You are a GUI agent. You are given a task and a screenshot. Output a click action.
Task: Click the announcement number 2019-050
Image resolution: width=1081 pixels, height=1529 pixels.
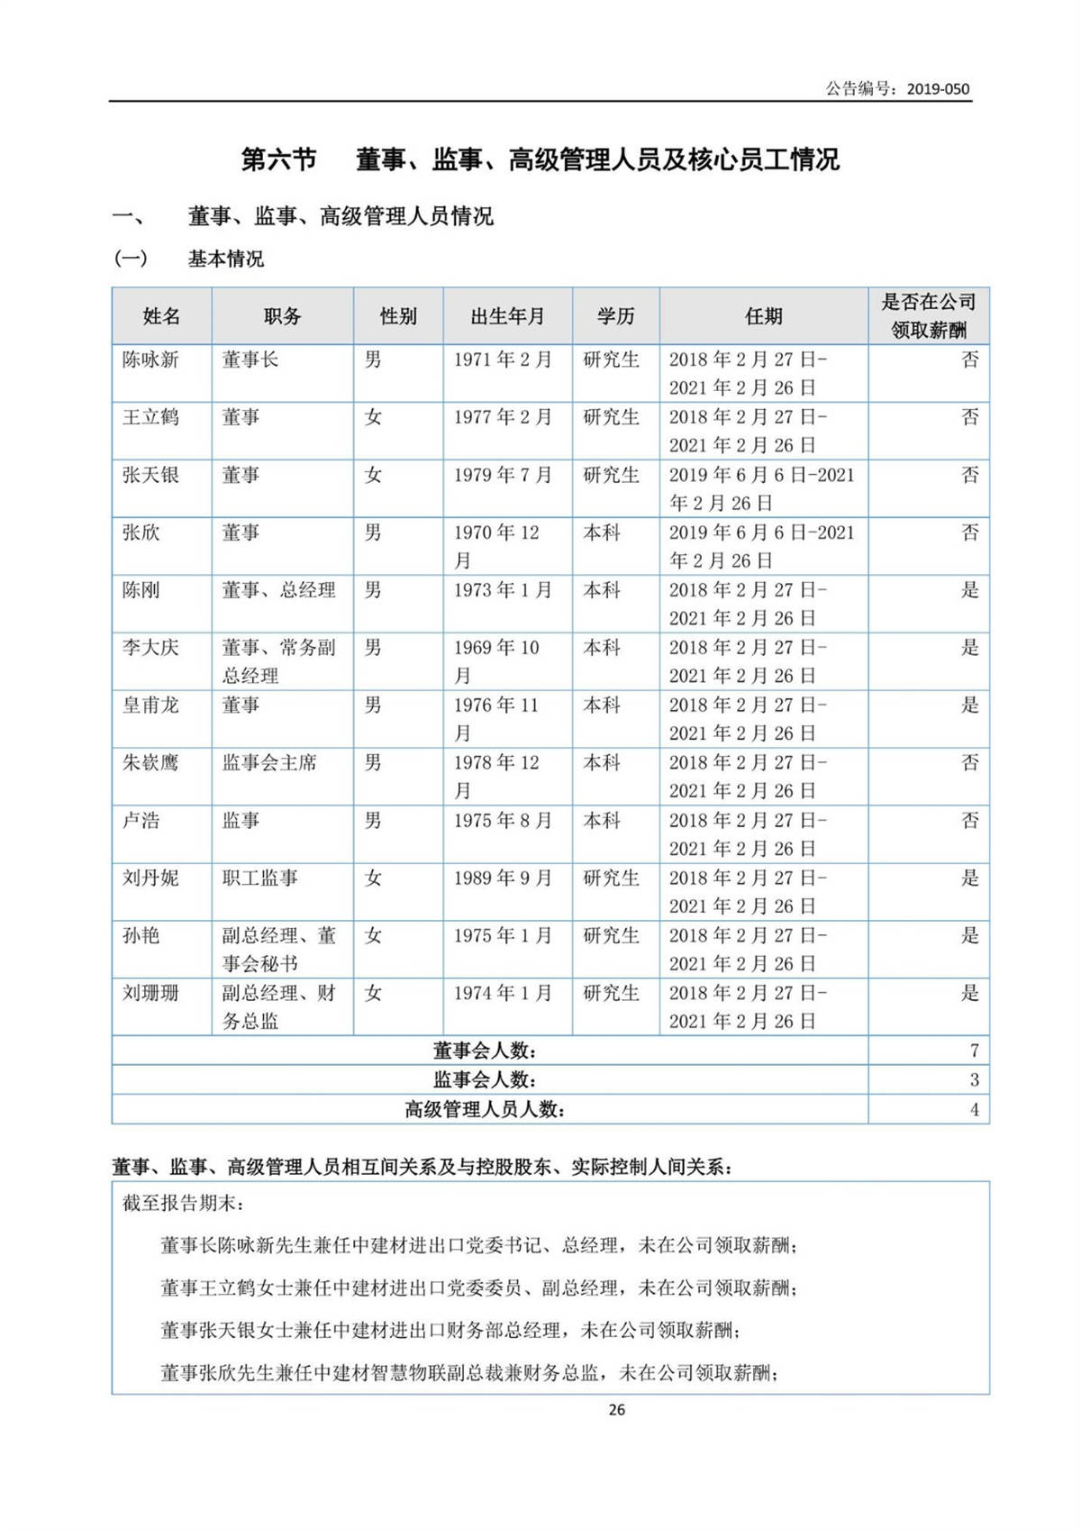pyautogui.click(x=938, y=88)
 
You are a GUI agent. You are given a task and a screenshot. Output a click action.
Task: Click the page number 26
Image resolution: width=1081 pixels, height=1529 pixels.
pyautogui.click(x=616, y=1410)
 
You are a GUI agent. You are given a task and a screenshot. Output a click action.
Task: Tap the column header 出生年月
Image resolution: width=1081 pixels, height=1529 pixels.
pyautogui.click(x=507, y=316)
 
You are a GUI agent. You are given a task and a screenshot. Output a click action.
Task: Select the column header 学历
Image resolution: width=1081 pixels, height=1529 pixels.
pyautogui.click(x=615, y=316)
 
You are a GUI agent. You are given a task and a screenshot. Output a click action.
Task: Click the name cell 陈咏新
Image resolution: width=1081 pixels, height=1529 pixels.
pyautogui.click(x=150, y=360)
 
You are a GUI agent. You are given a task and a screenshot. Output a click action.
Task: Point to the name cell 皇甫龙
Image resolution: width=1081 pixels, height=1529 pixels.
pyautogui.click(x=150, y=705)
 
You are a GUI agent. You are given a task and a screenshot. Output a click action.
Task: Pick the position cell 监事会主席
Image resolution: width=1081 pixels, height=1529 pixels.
pyautogui.click(x=269, y=763)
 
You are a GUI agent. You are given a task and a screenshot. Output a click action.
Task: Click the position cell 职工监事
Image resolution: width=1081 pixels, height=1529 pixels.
pyautogui.click(x=259, y=878)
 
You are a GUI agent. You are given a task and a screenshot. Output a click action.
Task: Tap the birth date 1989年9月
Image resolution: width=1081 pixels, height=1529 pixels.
pyautogui.click(x=502, y=878)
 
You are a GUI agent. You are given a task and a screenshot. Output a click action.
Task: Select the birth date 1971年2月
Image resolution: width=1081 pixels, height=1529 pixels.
pyautogui.click(x=502, y=360)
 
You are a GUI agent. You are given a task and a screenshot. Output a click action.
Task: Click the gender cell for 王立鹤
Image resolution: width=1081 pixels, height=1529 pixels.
pyautogui.click(x=373, y=418)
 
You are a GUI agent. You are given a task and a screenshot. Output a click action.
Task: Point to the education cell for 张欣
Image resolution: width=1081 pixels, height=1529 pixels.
pyautogui.click(x=602, y=533)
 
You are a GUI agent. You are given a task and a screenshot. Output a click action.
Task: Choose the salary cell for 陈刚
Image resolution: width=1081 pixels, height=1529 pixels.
pyautogui.click(x=969, y=591)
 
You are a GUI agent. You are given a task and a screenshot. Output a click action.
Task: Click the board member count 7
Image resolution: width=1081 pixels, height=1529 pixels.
pyautogui.click(x=974, y=1051)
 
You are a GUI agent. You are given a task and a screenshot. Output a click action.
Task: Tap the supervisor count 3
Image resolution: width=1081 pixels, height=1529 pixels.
pyautogui.click(x=974, y=1079)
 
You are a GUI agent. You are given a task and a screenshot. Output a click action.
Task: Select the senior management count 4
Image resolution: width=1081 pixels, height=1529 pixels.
pyautogui.click(x=974, y=1109)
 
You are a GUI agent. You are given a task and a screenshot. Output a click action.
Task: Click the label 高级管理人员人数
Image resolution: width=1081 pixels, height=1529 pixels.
pyautogui.click(x=485, y=1109)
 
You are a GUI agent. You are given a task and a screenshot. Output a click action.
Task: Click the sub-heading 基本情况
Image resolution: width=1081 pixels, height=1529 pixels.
pyautogui.click(x=225, y=259)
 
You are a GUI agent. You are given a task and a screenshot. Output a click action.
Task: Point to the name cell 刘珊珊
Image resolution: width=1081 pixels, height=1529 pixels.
pyautogui.click(x=150, y=994)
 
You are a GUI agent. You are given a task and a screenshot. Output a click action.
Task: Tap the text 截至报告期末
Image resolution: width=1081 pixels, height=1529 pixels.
pyautogui.click(x=183, y=1204)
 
